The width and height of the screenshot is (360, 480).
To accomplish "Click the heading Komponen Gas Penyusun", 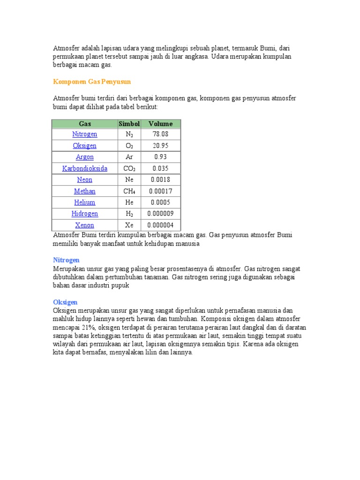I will pyautogui.click(x=92, y=82).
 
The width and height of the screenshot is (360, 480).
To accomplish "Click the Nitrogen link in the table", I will pyautogui.click(x=85, y=134).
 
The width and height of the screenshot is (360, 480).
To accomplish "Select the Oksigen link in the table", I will pyautogui.click(x=85, y=146).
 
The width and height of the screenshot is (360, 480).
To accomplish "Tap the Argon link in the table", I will pyautogui.click(x=85, y=157).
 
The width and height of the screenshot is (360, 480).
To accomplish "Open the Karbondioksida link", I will pyautogui.click(x=85, y=168).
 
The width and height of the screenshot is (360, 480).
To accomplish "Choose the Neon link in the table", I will pyautogui.click(x=85, y=180).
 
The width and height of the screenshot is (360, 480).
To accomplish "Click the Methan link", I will pyautogui.click(x=85, y=191).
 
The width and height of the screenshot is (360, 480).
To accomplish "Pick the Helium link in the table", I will pyautogui.click(x=85, y=202).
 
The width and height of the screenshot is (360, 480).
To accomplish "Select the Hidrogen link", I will pyautogui.click(x=85, y=214).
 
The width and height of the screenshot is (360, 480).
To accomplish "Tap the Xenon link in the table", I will pyautogui.click(x=85, y=225).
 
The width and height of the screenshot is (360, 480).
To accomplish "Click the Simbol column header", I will pyautogui.click(x=129, y=124).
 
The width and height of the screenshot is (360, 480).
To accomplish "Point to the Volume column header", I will pyautogui.click(x=160, y=124).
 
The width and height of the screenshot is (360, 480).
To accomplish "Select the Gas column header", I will pyautogui.click(x=85, y=124).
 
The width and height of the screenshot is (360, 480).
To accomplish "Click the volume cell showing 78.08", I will pyautogui.click(x=160, y=134).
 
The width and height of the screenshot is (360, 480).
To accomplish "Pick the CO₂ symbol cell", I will pyautogui.click(x=129, y=168).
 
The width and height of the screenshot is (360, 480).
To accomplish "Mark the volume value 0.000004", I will pyautogui.click(x=160, y=225).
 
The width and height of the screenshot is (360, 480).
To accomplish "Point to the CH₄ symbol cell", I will pyautogui.click(x=129, y=191).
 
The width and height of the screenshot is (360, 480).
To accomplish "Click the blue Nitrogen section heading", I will pyautogui.click(x=66, y=260).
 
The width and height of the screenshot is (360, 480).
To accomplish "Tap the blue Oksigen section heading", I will pyautogui.click(x=65, y=302).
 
